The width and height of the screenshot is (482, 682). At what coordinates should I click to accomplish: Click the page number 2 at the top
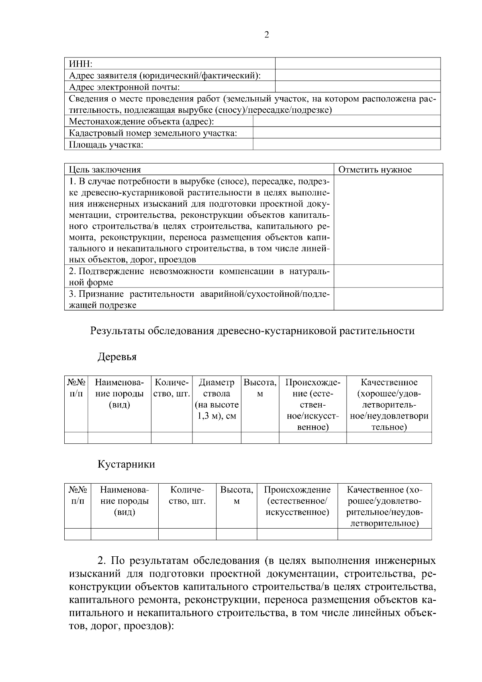point(267,35)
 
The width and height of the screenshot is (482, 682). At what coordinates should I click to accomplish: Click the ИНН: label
point(81,64)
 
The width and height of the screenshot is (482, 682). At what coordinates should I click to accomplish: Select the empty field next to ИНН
point(357,63)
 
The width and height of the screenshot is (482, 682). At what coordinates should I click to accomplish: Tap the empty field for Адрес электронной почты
point(357,87)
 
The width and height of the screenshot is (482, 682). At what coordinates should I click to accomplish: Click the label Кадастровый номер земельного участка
point(153,133)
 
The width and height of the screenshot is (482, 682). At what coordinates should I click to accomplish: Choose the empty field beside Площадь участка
point(346,145)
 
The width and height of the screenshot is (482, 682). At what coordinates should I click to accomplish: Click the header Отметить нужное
point(375,169)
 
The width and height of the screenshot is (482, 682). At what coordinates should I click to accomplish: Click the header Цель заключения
point(105,169)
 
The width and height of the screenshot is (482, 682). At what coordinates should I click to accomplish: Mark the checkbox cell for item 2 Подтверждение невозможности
point(388,276)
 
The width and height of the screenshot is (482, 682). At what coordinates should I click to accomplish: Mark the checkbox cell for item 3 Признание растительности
point(388,299)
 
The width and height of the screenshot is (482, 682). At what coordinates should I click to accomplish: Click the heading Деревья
point(117,357)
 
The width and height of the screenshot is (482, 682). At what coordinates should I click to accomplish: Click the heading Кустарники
point(126,464)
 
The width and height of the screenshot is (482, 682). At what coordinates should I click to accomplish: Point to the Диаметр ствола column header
point(216,399)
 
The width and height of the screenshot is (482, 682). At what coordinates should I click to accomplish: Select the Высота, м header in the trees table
point(260,388)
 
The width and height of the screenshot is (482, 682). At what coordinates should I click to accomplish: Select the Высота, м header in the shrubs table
point(237,495)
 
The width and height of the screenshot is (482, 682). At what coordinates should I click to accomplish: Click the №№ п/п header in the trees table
point(76,388)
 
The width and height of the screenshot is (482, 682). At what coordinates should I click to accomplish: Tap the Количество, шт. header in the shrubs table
point(187,495)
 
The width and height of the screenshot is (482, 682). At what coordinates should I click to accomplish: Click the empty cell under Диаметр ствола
point(216,438)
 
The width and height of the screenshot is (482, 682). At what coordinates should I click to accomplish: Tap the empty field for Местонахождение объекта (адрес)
point(346,121)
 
